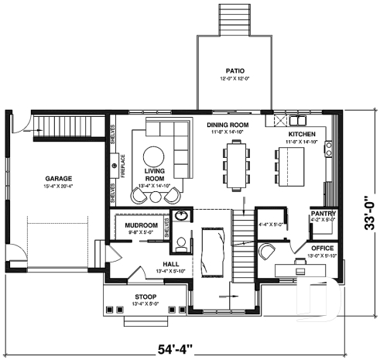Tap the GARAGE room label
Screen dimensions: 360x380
tap(57, 179)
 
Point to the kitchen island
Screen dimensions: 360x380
tap(288, 164)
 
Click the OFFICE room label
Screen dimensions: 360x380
tap(323, 248)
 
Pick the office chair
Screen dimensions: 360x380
tap(267, 251)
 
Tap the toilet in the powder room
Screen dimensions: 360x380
tap(181, 245)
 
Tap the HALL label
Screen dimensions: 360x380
tap(149, 264)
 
